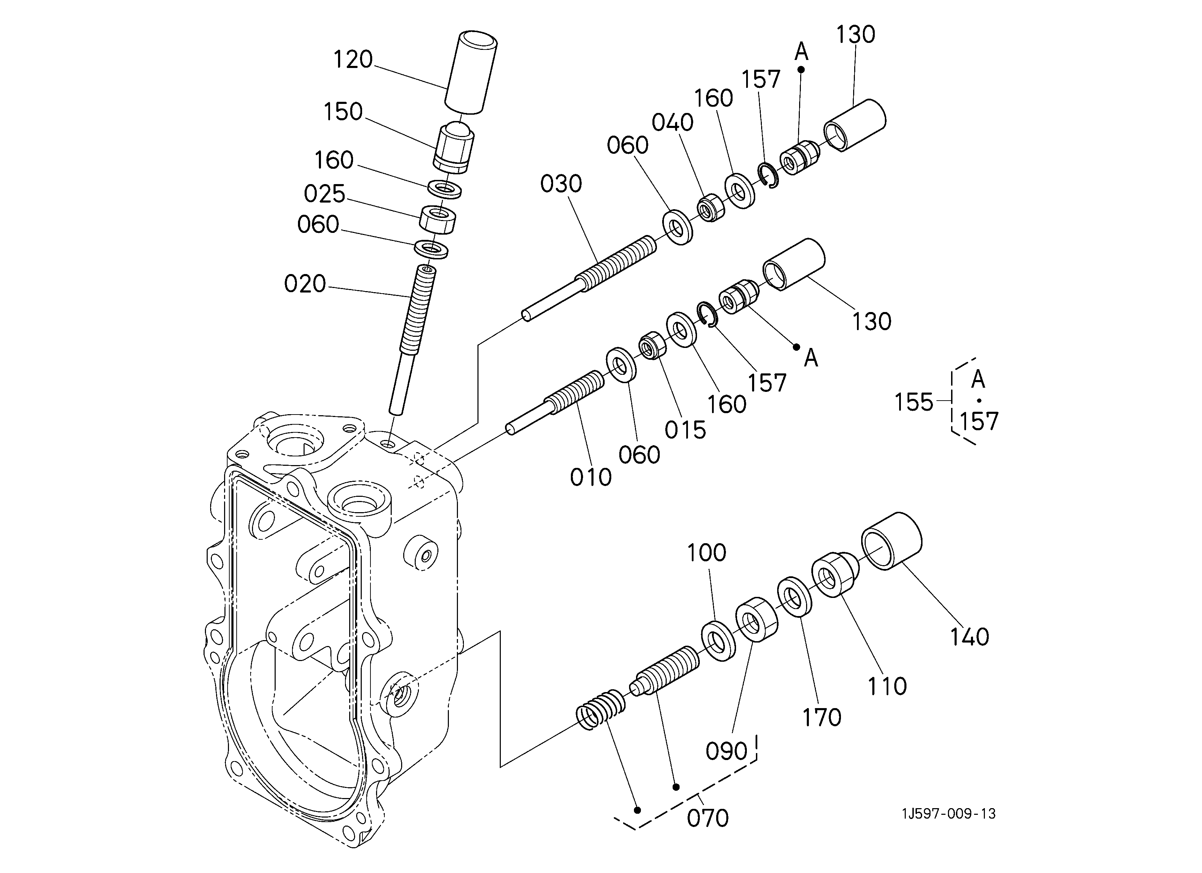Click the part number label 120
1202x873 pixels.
353,59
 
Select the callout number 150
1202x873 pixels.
343,112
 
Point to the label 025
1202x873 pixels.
324,194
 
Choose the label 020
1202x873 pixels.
305,284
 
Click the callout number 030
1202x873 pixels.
561,184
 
